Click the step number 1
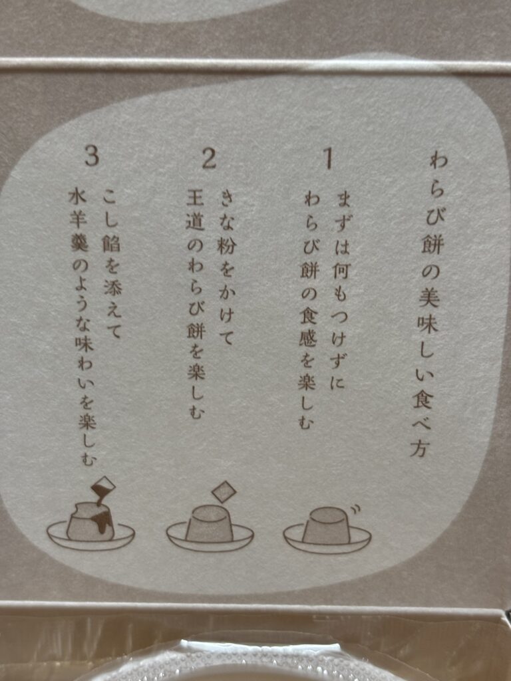[328, 158]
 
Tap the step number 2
[209, 158]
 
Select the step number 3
[92, 156]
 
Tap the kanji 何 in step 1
[341, 271]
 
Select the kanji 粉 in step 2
[226, 246]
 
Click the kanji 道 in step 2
[195, 222]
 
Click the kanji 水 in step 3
[78, 198]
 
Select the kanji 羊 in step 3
[79, 219]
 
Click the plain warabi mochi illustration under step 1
[327, 531]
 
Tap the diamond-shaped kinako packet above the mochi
[224, 491]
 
